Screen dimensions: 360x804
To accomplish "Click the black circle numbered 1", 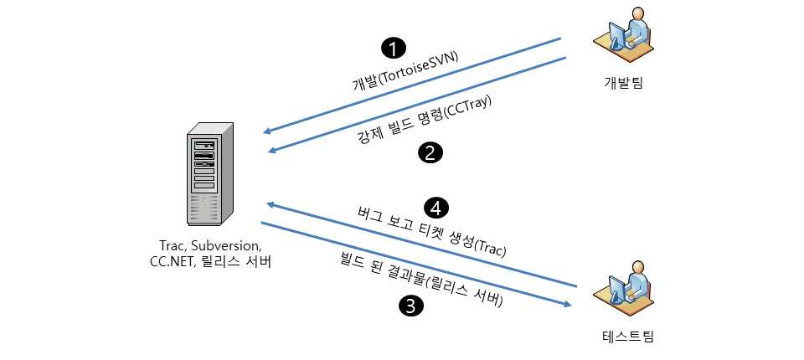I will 392,48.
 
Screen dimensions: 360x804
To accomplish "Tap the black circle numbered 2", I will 430,152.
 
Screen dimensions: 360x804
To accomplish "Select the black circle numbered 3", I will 410,306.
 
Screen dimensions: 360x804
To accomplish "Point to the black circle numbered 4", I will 436,206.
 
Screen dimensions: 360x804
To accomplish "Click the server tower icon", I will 210,177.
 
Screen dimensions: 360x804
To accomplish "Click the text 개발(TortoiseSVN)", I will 405,70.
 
